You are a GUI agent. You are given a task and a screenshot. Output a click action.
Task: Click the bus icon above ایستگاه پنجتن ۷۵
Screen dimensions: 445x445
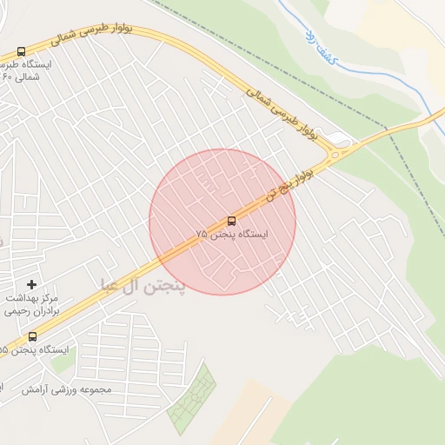coord(231,221)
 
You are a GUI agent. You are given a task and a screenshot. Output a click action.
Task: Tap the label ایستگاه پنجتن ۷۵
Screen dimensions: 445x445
coord(232,235)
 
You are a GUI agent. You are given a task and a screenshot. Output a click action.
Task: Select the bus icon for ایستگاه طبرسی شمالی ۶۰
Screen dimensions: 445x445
coord(21,51)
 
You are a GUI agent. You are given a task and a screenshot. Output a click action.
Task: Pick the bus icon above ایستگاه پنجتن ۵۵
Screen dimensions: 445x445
coord(33,336)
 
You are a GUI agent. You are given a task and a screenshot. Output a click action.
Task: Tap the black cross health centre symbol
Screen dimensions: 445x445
coord(32,284)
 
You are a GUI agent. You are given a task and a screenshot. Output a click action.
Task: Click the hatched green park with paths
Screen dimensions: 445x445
coord(192,399)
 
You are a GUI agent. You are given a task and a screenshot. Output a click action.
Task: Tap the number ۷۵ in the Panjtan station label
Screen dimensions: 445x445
coord(202,235)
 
